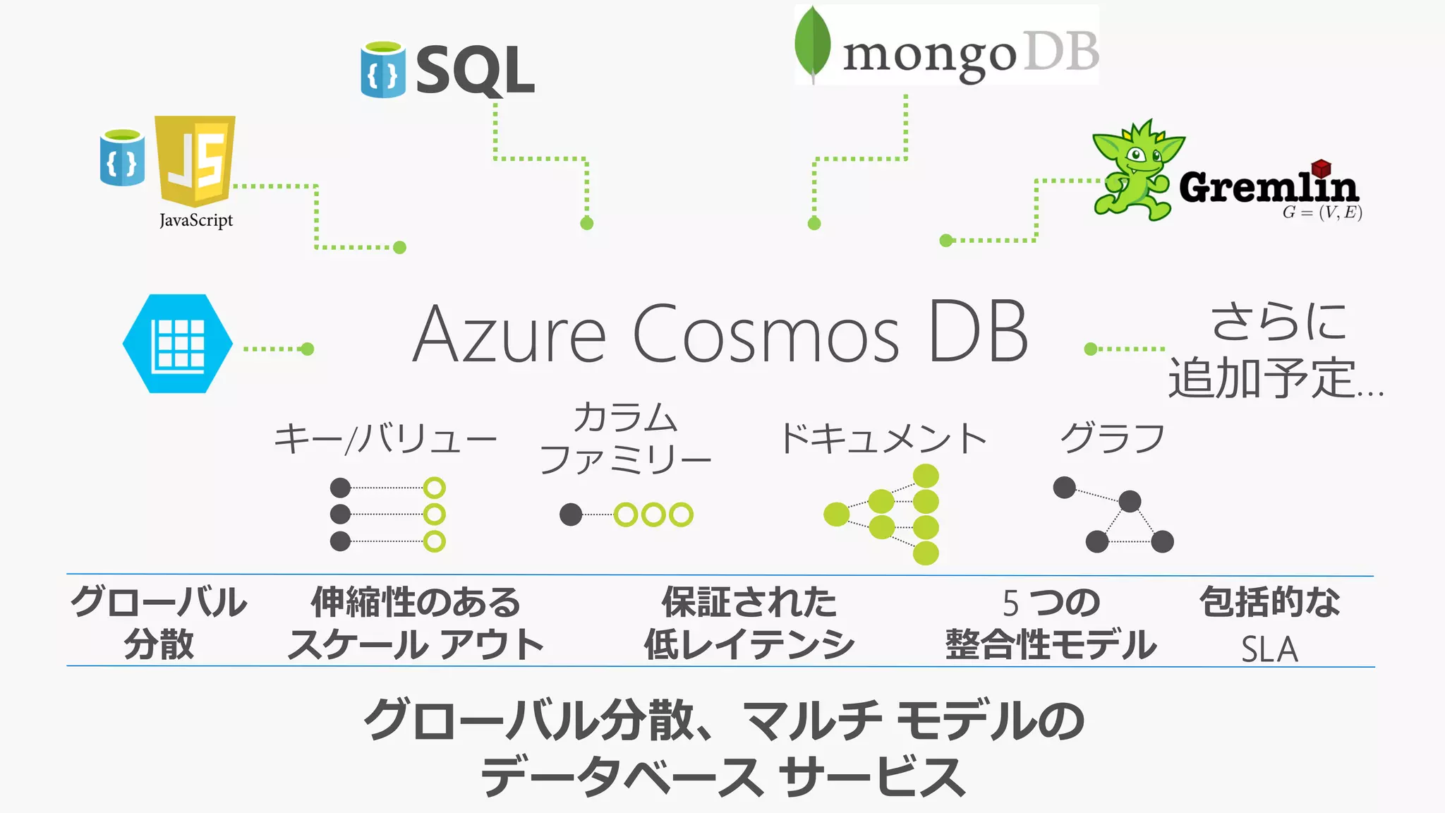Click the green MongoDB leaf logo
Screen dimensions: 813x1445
click(x=812, y=44)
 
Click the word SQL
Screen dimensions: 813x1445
click(x=476, y=70)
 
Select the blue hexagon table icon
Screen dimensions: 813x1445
click(x=178, y=344)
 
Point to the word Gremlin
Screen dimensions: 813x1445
click(x=1269, y=186)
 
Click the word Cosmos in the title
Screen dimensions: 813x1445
click(x=766, y=334)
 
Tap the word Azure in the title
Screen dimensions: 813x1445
click(x=509, y=334)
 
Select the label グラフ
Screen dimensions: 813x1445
click(x=1113, y=438)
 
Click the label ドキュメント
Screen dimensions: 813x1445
click(x=883, y=438)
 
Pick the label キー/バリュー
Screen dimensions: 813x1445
click(x=385, y=439)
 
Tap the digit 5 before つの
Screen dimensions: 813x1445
click(x=1010, y=603)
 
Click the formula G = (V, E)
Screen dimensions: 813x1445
click(x=1322, y=212)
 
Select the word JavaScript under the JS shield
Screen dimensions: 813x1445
click(x=196, y=220)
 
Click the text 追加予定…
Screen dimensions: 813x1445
click(x=1276, y=378)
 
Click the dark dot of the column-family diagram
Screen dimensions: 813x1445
click(x=571, y=514)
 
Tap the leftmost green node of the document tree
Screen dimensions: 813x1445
click(x=837, y=514)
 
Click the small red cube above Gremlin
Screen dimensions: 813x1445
click(x=1321, y=168)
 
